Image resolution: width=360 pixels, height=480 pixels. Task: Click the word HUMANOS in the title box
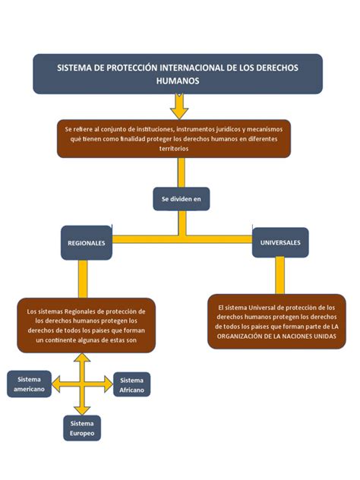point(178,80)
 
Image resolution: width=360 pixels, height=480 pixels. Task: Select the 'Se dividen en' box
point(181,198)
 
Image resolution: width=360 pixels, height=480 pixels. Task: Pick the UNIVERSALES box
point(280,242)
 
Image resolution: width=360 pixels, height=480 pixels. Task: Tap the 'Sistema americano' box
point(29,384)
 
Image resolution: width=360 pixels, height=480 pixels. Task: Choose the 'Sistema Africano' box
point(131,384)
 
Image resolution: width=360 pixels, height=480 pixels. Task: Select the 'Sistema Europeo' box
point(81,428)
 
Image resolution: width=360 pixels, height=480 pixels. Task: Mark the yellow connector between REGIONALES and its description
point(83,279)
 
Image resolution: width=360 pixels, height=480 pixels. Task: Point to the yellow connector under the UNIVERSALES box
point(280,274)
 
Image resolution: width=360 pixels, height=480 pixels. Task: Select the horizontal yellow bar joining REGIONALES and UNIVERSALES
point(182,239)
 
